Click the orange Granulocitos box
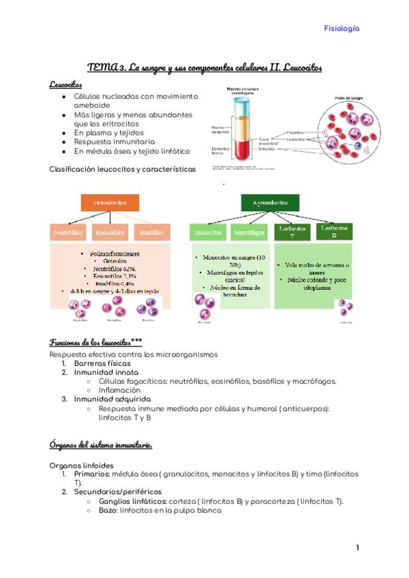coord(110,202)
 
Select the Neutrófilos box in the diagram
coord(68,232)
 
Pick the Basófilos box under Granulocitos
coord(151,232)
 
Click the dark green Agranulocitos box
coord(270,202)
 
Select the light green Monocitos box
coord(209,232)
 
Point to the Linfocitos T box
coord(293,232)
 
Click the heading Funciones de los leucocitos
coord(95,342)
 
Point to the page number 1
coord(357,547)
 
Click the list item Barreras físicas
coord(106,363)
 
